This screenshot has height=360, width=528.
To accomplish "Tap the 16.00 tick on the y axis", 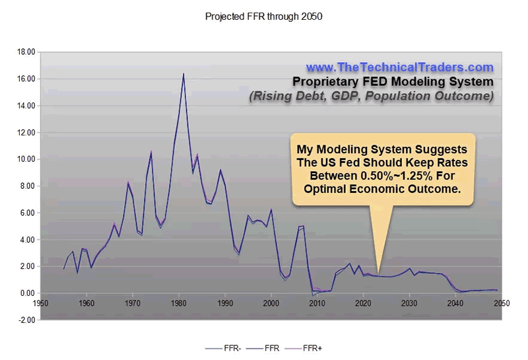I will [26, 79].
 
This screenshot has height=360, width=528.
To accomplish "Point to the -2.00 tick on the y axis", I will [26, 320].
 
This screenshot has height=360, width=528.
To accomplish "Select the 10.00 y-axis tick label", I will [26, 160].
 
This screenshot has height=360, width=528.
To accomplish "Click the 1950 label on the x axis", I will [40, 303].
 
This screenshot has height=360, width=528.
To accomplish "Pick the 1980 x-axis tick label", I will [179, 303].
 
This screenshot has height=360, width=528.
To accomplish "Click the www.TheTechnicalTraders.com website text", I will [399, 67].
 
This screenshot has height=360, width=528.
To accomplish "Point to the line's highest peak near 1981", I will [183, 74].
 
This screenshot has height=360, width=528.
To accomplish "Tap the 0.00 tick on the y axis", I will [27, 293].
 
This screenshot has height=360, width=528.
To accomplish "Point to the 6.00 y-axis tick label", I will [27, 213].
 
